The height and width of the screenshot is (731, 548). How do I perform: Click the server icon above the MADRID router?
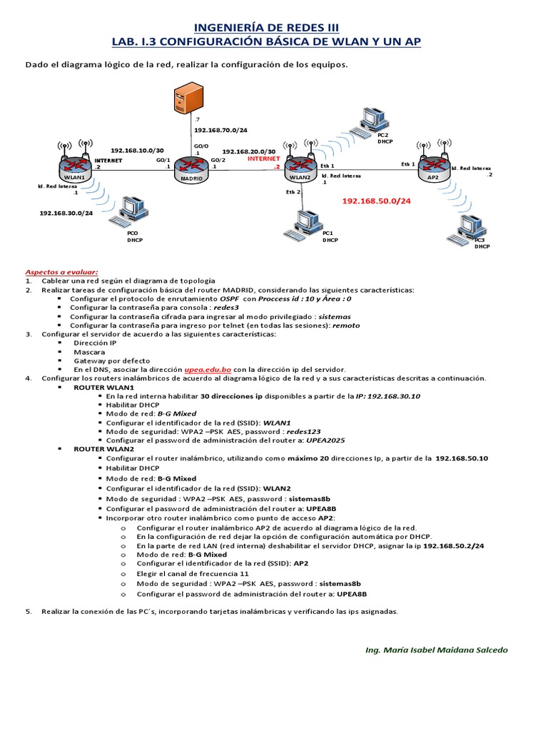click(183, 98)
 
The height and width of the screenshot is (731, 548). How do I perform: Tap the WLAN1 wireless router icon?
click(74, 169)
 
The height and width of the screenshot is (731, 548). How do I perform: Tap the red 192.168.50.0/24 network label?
click(376, 202)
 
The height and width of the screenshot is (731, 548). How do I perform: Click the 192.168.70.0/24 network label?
click(220, 131)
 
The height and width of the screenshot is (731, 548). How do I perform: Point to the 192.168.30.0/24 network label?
click(65, 213)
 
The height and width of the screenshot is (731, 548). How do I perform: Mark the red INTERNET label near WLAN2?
click(264, 159)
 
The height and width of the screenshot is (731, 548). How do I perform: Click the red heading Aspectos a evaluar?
click(61, 272)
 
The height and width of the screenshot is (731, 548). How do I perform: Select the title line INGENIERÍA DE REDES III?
click(274, 27)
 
